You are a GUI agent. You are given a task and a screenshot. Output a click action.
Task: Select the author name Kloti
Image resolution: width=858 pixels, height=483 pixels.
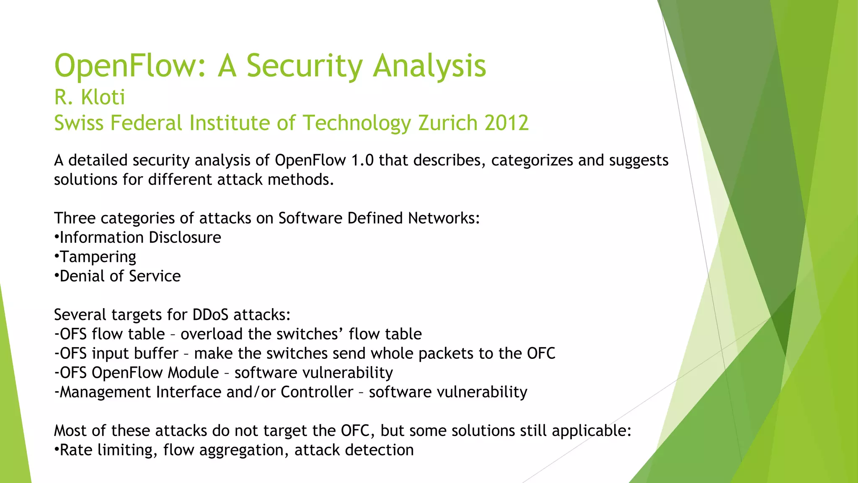(103, 97)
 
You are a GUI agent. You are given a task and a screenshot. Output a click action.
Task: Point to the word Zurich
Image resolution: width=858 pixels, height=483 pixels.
(448, 123)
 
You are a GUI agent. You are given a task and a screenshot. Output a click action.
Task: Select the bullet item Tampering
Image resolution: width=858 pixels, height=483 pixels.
(98, 257)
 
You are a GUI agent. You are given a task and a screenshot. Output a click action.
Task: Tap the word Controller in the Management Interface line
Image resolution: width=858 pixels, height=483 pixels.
(317, 392)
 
